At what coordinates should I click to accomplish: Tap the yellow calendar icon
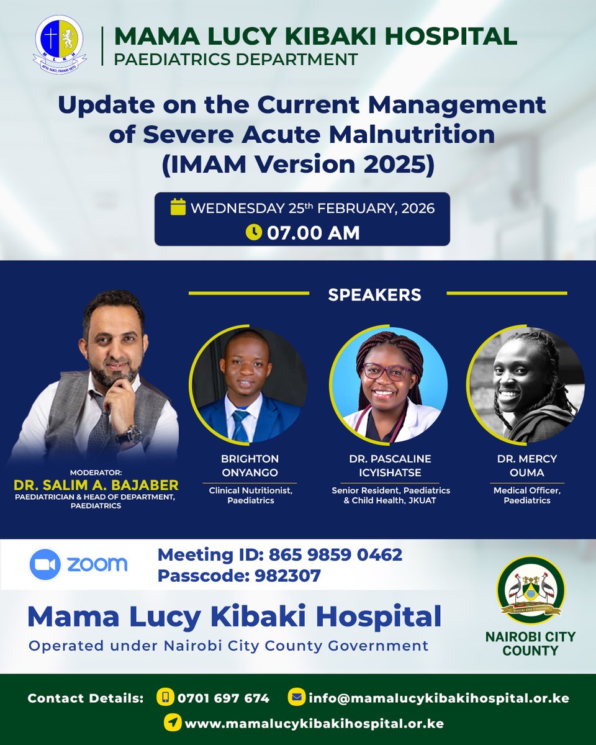pos(178,207)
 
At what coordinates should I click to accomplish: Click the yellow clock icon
pos(254,232)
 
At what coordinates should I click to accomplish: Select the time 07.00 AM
pos(313,233)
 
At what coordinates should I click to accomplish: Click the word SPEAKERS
pos(374,295)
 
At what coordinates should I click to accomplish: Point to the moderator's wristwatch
pos(132,433)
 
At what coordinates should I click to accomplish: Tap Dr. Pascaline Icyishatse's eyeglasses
pos(387,371)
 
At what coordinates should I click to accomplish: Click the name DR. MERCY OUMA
pos(526,466)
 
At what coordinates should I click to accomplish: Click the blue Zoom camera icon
pos(45,564)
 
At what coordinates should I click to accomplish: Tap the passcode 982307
pos(287,576)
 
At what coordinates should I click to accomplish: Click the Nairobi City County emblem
pos(530,590)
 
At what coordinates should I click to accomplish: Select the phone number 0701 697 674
pos(223,698)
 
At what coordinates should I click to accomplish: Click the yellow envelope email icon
pos(296,697)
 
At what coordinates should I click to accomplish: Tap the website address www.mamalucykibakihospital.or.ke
pos(314,723)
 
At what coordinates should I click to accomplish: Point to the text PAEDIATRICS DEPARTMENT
pos(236,60)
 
